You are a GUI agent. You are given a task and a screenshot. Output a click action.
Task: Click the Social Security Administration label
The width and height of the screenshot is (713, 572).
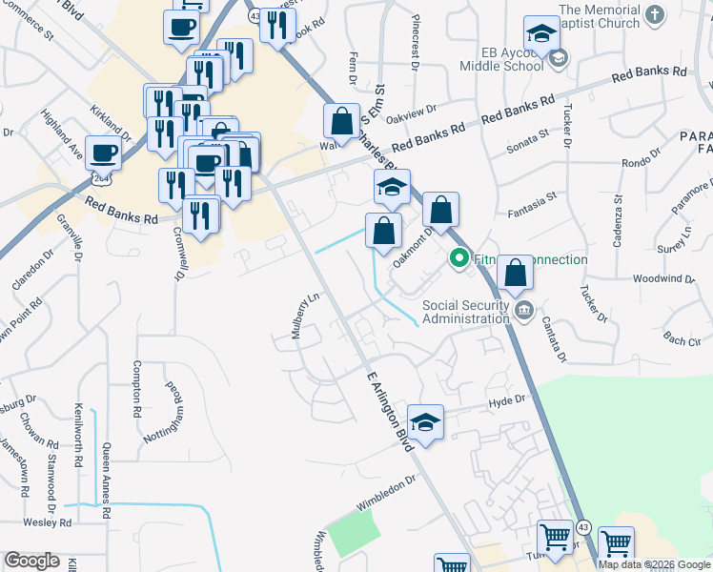(464, 312)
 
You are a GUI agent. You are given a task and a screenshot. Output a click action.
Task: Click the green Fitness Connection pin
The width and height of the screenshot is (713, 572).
(458, 258)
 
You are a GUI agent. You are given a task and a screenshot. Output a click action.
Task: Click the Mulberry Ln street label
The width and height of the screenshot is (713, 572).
(304, 317)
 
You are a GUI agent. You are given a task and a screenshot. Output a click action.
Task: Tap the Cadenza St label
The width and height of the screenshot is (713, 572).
(618, 222)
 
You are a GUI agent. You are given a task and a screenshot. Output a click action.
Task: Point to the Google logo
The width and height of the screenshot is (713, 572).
(31, 561)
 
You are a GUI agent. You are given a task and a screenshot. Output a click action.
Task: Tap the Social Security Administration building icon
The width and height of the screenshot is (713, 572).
(523, 310)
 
